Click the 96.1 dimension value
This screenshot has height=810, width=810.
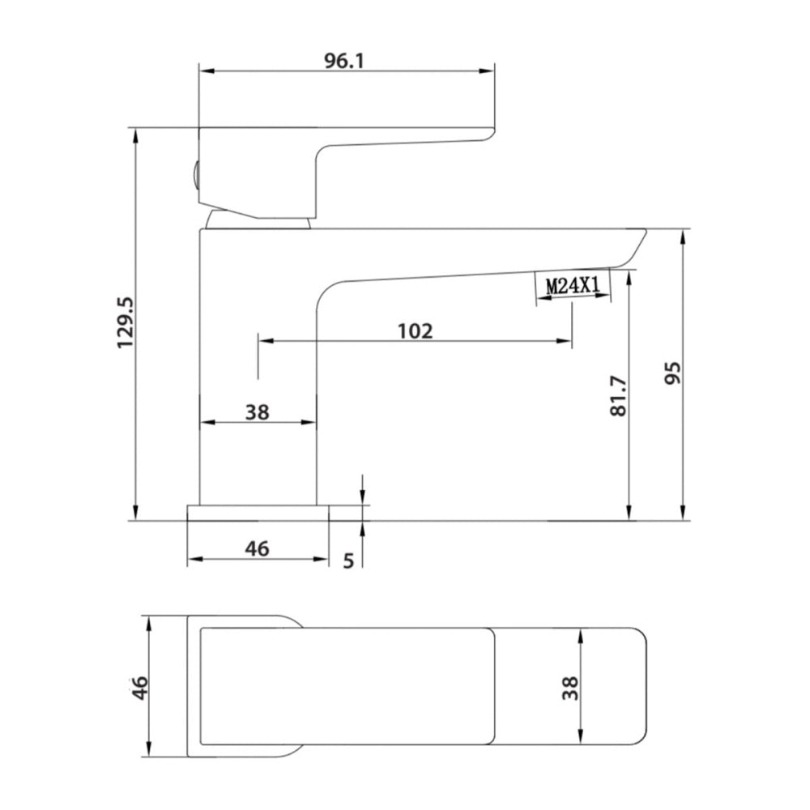(x=344, y=61)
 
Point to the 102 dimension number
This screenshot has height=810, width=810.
(x=415, y=330)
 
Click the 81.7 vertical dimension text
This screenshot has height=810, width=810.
(x=618, y=396)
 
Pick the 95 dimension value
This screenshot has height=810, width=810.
(x=672, y=373)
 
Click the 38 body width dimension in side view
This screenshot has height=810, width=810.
(x=258, y=412)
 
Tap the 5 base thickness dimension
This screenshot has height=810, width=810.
(x=348, y=561)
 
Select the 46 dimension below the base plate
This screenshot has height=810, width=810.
(x=258, y=548)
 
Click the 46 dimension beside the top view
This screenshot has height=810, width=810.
(x=139, y=688)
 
